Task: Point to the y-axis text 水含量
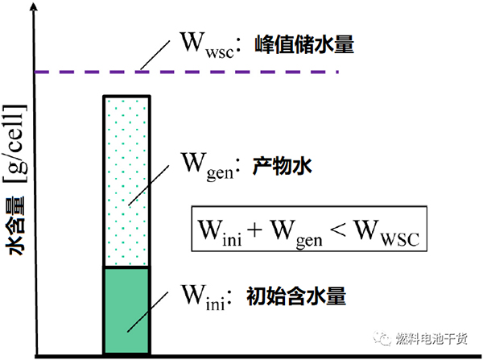coord(16,230)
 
